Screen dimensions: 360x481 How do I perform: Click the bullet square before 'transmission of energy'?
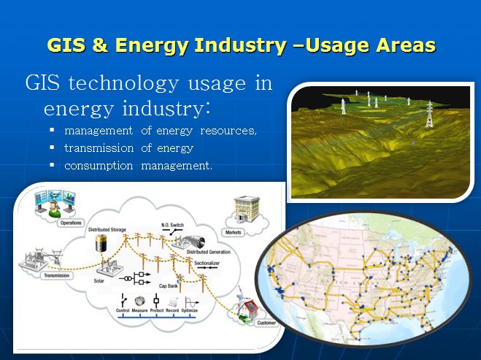click(x=53, y=148)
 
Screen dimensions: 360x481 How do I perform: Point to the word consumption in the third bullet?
click(x=99, y=166)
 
